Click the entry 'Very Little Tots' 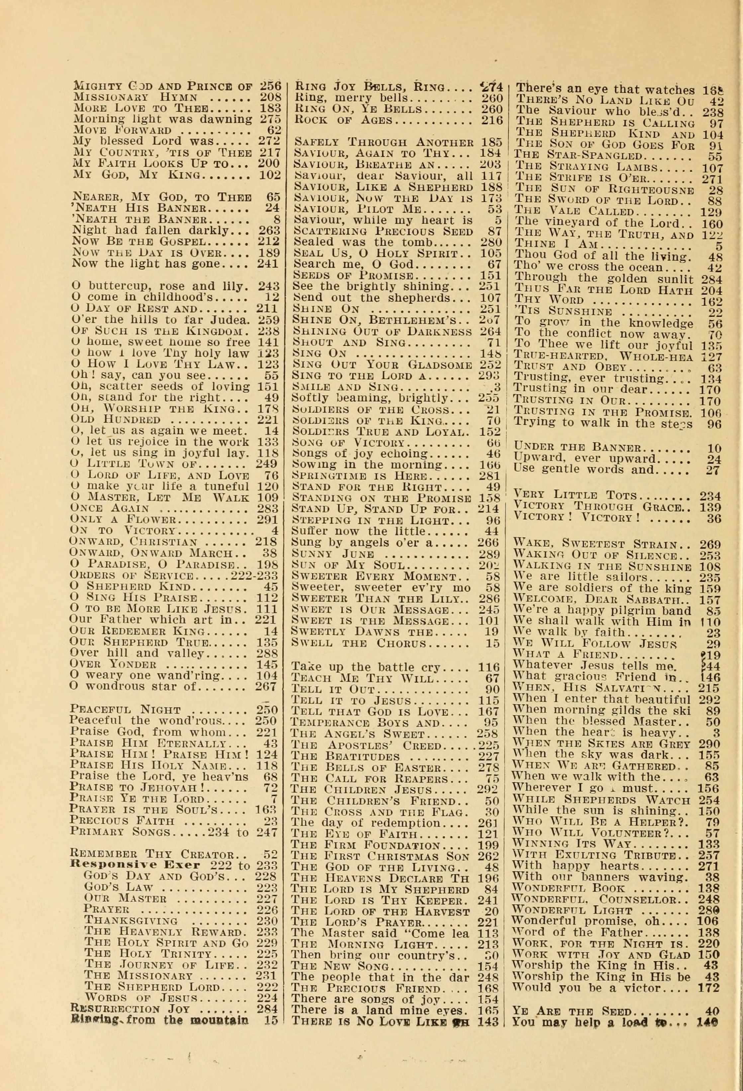(x=575, y=495)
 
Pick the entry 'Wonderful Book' (x=568, y=888)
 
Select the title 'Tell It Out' (x=333, y=690)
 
